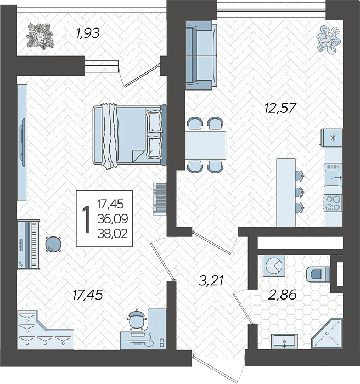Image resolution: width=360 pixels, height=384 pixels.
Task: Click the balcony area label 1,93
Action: click(88, 33)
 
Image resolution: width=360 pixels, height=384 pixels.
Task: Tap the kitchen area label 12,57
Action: click(280, 108)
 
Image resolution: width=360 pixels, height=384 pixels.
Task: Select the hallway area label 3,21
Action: click(211, 280)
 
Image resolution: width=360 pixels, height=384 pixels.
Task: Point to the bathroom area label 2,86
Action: click(283, 295)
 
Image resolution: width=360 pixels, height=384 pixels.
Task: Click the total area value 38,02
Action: click(113, 234)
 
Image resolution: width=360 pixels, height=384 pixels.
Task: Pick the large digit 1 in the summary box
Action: click(86, 219)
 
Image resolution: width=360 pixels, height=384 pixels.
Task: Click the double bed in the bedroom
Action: click(130, 136)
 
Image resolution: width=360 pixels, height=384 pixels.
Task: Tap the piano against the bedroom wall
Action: click(29, 245)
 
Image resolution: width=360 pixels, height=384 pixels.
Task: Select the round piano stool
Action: click(53, 244)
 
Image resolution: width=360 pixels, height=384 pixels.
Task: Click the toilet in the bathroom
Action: click(318, 274)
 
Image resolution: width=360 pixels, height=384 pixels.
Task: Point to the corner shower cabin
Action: click(327, 333)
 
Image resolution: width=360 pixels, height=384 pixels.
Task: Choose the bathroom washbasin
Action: click(284, 341)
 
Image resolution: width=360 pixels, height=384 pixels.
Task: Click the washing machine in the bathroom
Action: click(274, 266)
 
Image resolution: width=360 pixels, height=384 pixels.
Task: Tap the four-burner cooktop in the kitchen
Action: click(333, 203)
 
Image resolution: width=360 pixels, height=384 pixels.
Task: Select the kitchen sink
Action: click(333, 175)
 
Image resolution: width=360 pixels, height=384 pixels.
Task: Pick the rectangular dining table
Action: click(206, 145)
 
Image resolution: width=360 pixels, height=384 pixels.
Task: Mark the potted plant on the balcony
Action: click(40, 36)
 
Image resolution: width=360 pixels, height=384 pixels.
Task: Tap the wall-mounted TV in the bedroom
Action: click(23, 143)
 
